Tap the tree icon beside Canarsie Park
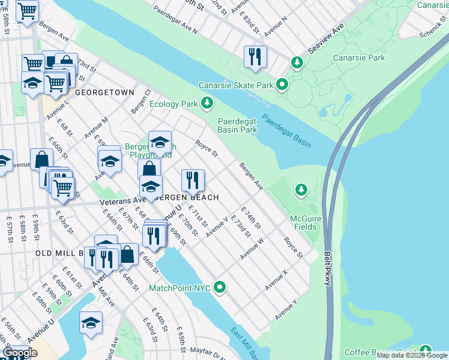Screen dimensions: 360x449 pos(296,62)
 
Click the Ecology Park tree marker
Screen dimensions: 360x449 pos(206,104)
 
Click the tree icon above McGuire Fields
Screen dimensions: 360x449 pos(301,190)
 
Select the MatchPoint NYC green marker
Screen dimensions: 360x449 pos(220,288)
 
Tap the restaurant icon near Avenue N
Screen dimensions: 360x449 pos(255,56)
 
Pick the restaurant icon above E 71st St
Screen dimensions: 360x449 pos(193,179)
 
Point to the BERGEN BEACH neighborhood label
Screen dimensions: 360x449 pos(187,197)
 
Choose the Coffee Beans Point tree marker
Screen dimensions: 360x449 pos(425,350)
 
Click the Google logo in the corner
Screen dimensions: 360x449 pos(20,353)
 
